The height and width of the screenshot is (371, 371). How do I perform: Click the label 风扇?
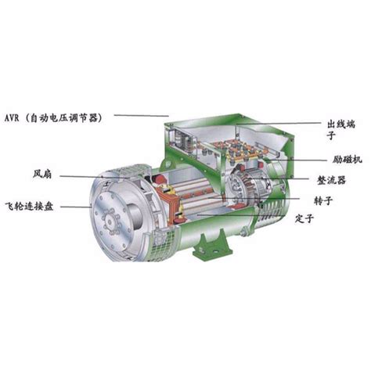[x=42, y=174]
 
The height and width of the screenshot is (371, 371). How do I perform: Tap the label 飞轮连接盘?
[x=30, y=207]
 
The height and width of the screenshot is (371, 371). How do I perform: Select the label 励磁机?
[x=348, y=160]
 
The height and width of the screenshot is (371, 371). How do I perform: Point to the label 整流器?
[x=331, y=180]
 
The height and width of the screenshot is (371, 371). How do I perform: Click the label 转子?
[x=323, y=200]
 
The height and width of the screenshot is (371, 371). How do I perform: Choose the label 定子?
[x=304, y=218]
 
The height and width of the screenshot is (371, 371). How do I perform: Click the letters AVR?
[x=12, y=118]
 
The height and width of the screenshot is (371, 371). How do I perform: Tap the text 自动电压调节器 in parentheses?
[x=66, y=118]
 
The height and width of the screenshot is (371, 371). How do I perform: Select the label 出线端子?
[x=341, y=129]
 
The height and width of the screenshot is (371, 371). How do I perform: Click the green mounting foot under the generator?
[x=212, y=246]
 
